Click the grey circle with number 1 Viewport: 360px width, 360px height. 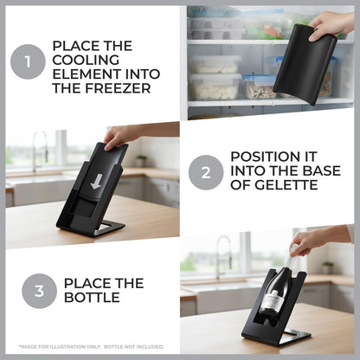(28, 61)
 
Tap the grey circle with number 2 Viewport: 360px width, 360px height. (206, 172)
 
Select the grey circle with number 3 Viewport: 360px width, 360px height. (39, 291)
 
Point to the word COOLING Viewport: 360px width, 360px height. (86, 60)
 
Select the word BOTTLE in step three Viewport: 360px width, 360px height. (92, 297)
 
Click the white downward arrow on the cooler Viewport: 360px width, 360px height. (95, 182)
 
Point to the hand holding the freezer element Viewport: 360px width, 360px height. (331, 26)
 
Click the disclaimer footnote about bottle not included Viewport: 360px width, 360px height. (91, 346)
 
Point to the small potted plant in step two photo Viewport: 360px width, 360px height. (141, 160)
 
